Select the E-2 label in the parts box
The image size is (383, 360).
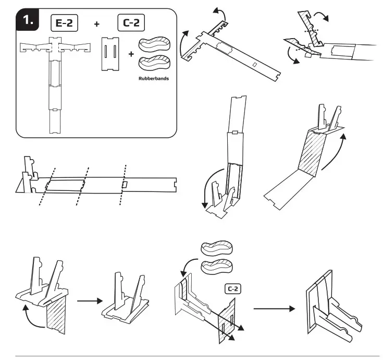[65, 22]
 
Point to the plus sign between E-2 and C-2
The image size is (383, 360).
[96, 23]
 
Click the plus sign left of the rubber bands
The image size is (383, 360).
[130, 54]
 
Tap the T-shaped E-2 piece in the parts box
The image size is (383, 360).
[56, 78]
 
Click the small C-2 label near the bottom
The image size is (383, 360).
[232, 287]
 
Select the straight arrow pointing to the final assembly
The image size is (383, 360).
[274, 309]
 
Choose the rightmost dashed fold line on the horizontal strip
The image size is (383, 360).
[123, 185]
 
